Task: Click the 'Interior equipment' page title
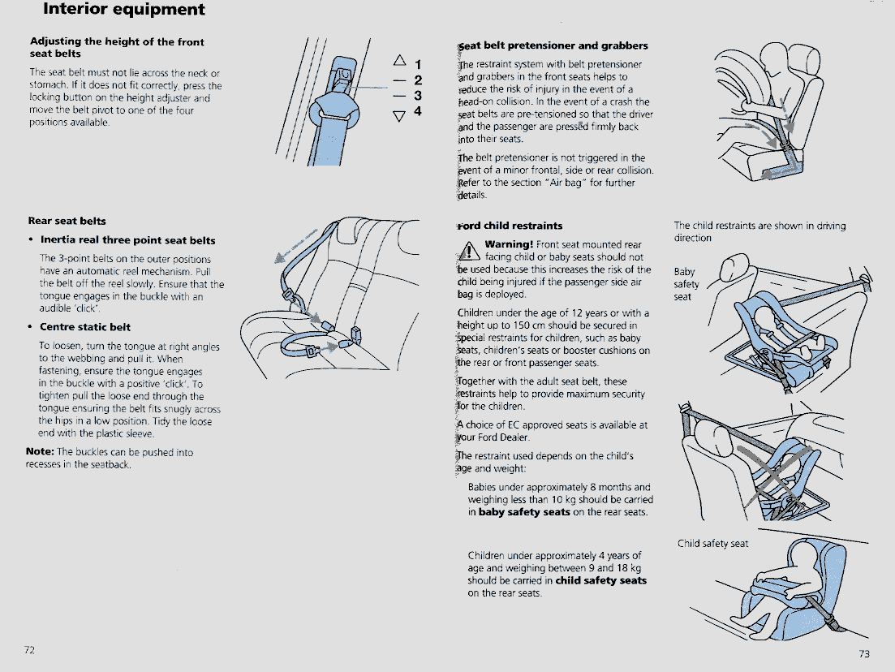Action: pos(124,9)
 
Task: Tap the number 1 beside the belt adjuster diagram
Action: pos(419,64)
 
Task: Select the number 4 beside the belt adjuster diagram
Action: pos(418,110)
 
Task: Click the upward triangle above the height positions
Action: pos(399,60)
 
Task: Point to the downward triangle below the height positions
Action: pos(399,116)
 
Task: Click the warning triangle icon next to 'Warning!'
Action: pos(469,250)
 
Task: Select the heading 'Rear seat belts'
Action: pos(67,221)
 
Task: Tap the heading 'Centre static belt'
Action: pos(85,327)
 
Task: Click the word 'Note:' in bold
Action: pos(40,451)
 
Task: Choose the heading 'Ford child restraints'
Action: pos(510,226)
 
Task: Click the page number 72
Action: pos(30,650)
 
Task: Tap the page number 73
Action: pos(864,653)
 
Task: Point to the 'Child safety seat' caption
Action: pos(712,544)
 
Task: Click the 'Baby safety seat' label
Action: pos(686,284)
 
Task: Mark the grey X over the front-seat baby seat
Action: pos(775,476)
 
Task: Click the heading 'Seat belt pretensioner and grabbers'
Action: pos(553,45)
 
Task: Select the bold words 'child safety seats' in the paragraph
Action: pos(601,580)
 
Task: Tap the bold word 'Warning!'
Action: pos(509,244)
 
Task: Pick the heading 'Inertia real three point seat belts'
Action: pos(128,240)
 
